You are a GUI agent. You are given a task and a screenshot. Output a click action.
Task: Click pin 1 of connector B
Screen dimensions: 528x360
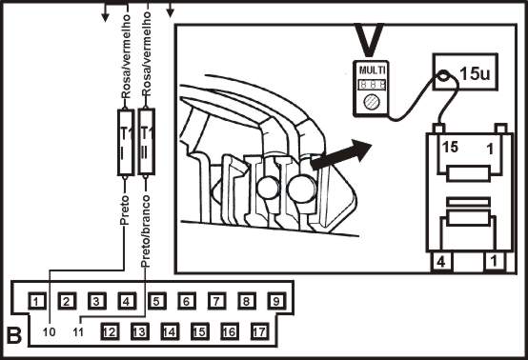pyautogui.click(x=37, y=301)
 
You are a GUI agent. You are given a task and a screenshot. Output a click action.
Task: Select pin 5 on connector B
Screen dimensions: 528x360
pyautogui.click(x=156, y=301)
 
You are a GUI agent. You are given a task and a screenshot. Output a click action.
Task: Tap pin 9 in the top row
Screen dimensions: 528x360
pyautogui.click(x=276, y=301)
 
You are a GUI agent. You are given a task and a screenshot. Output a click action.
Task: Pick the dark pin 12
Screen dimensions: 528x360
pyautogui.click(x=110, y=331)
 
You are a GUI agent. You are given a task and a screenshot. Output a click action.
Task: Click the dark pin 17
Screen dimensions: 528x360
pyautogui.click(x=259, y=331)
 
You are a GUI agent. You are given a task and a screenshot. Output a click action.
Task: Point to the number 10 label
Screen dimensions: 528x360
pyautogui.click(x=49, y=332)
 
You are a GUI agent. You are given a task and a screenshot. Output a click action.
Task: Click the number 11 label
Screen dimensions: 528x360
pyautogui.click(x=78, y=332)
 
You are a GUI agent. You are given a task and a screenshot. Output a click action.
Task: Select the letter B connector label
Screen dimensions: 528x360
pyautogui.click(x=14, y=335)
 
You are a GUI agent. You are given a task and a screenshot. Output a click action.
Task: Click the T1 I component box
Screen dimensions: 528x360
pyautogui.click(x=126, y=142)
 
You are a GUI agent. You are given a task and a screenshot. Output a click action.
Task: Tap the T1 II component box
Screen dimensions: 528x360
pyautogui.click(x=147, y=141)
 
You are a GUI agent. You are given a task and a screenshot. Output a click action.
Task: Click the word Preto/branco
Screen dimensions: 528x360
pyautogui.click(x=146, y=231)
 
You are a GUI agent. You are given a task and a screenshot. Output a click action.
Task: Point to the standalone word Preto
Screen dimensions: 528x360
pyautogui.click(x=125, y=210)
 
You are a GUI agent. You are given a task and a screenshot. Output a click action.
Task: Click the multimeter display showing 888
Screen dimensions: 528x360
pyautogui.click(x=372, y=84)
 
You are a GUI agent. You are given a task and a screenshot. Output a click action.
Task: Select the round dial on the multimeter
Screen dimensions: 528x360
pyautogui.click(x=372, y=102)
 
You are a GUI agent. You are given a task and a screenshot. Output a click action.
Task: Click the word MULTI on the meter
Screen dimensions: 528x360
pyautogui.click(x=372, y=70)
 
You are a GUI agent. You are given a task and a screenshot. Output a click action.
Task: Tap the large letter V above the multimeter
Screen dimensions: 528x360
pyautogui.click(x=370, y=40)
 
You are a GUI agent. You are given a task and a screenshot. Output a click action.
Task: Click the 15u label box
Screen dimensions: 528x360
pyautogui.click(x=465, y=71)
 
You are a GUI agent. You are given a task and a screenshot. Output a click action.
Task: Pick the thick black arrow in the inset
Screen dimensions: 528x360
pyautogui.click(x=340, y=154)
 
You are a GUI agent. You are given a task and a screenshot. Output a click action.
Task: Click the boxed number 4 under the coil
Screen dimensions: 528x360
pyautogui.click(x=441, y=261)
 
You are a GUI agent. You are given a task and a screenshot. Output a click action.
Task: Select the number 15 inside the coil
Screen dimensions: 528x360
pyautogui.click(x=450, y=148)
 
